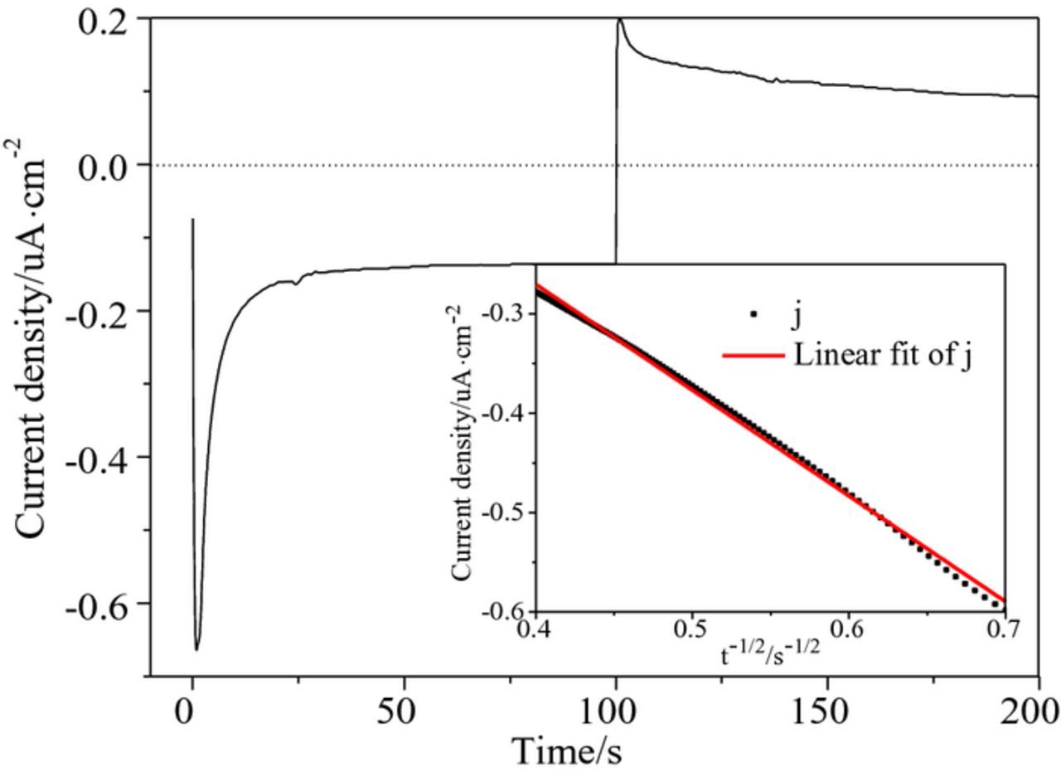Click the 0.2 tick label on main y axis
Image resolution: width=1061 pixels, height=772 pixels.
click(104, 21)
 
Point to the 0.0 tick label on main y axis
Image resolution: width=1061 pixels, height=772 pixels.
click(104, 167)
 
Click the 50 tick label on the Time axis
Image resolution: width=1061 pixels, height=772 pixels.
click(404, 712)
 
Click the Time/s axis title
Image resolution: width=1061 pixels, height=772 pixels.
click(567, 751)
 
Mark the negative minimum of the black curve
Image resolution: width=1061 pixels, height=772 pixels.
click(196, 649)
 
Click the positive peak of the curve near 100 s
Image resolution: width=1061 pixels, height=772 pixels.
click(620, 20)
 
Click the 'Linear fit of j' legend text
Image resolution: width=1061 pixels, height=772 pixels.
click(882, 355)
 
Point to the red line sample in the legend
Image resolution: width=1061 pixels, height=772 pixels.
click(753, 356)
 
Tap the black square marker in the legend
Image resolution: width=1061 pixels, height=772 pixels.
click(753, 314)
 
